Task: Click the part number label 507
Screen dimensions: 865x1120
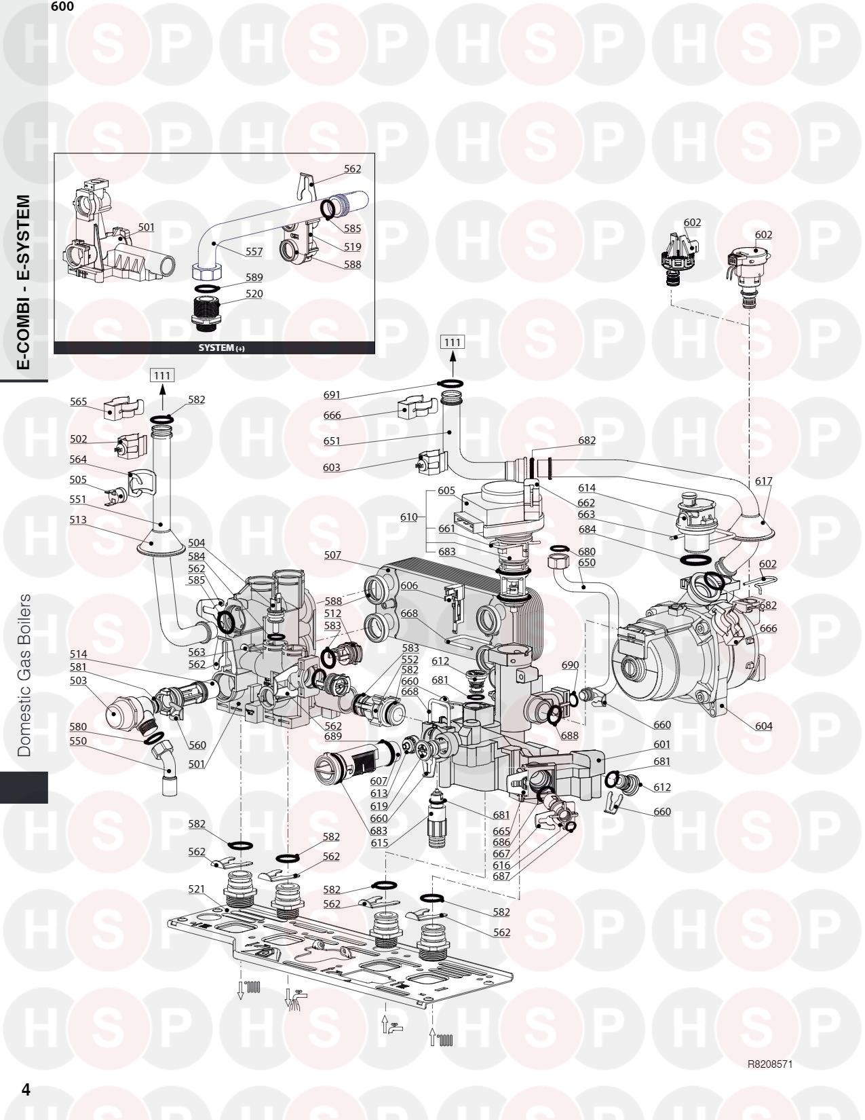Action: [x=332, y=555]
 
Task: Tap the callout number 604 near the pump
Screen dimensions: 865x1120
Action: [x=763, y=726]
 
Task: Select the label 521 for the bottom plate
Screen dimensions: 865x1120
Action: [x=196, y=889]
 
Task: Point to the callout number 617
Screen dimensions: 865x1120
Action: [x=763, y=481]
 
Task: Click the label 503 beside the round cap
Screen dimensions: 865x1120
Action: [x=78, y=680]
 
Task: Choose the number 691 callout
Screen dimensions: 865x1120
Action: [x=332, y=395]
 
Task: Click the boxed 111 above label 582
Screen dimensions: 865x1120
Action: [x=162, y=375]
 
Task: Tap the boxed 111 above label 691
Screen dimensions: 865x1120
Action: [x=453, y=342]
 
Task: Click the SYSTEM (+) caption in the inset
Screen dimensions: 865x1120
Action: [x=222, y=348]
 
